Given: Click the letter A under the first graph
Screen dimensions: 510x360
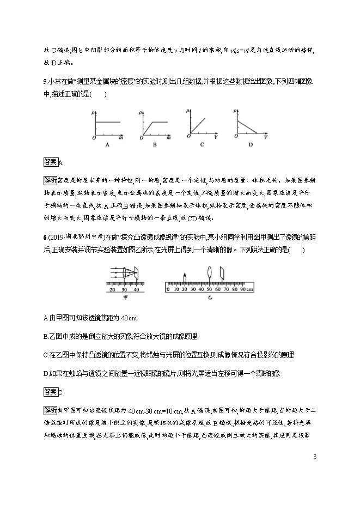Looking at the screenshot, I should click(x=107, y=145).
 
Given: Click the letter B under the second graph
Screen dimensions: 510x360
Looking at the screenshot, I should click(x=154, y=145).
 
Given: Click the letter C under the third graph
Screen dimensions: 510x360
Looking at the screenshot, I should click(x=202, y=145).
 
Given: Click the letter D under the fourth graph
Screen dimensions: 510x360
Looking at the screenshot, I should click(x=251, y=145).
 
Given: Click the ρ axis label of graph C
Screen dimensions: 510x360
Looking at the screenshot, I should click(x=188, y=112).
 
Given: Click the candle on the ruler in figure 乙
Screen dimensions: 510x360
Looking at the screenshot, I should click(x=185, y=278).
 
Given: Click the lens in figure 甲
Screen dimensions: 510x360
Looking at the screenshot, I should click(x=126, y=274).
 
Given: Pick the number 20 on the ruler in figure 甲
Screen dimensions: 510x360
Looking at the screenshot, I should click(x=112, y=290).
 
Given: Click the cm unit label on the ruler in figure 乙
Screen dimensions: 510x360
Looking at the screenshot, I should click(x=249, y=290).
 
